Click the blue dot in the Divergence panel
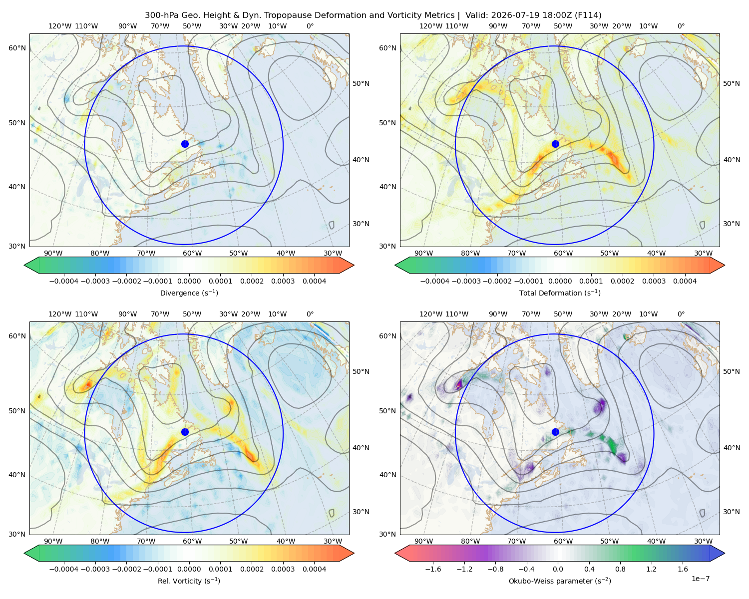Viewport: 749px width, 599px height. click(x=185, y=144)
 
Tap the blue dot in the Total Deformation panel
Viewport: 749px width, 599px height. click(x=555, y=144)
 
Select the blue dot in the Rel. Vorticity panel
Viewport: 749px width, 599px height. click(x=185, y=432)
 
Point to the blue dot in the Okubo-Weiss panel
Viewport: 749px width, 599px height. click(x=555, y=432)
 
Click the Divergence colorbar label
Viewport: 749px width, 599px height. click(x=189, y=293)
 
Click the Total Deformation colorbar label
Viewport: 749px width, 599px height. click(x=560, y=293)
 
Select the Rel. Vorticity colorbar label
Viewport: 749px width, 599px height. click(x=189, y=581)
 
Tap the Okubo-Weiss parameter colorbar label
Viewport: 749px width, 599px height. click(x=560, y=581)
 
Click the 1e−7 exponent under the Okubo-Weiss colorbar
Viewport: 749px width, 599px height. click(x=700, y=579)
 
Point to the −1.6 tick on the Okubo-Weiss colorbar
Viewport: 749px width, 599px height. click(x=433, y=569)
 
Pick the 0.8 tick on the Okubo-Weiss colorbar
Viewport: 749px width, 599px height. click(x=620, y=569)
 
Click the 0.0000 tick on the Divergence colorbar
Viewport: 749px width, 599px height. click(x=189, y=281)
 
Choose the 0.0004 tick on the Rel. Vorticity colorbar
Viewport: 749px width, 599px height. click(x=314, y=569)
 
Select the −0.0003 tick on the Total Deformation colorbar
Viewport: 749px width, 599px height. click(x=466, y=281)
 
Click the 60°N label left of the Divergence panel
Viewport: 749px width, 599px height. click(x=17, y=48)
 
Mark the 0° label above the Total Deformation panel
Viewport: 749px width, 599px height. click(x=681, y=26)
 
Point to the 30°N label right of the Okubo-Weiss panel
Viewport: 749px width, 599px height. click(x=731, y=511)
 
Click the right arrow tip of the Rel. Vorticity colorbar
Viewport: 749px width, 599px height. click(x=354, y=553)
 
